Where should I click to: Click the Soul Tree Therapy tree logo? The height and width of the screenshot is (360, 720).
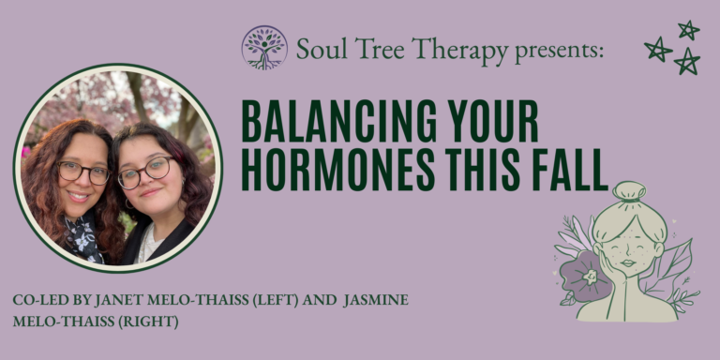point(264,47)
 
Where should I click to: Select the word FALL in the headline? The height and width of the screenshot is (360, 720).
point(573,172)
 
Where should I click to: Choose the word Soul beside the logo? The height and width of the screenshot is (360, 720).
point(318,49)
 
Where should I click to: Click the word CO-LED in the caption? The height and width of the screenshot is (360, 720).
point(38,300)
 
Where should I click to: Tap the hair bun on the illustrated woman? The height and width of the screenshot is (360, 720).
point(630,193)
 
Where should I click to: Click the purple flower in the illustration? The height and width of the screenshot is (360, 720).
point(589,275)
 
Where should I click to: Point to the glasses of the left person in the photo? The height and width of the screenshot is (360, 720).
point(83,172)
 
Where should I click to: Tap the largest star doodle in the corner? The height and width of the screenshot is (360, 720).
point(687,61)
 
